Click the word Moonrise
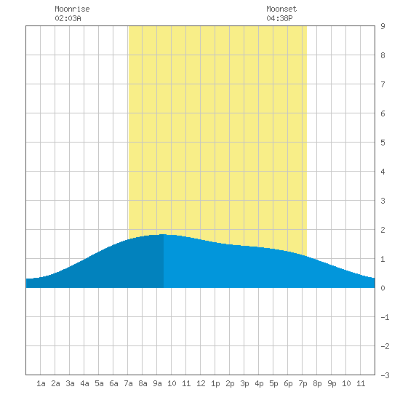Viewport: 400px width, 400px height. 72,9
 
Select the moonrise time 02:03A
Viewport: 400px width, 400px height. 68,18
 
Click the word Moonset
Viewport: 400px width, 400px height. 281,9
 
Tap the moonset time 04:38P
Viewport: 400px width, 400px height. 279,18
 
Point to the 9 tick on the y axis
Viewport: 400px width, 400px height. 383,26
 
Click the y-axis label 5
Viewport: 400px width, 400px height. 383,143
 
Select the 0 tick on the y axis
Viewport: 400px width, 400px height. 383,288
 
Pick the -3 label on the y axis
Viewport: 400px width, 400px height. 385,375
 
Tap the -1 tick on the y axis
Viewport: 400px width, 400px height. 385,317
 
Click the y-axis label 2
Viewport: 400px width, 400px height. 383,230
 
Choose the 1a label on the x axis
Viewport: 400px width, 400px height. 41,383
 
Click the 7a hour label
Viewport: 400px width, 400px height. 128,383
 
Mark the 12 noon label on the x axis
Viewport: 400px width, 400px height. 201,383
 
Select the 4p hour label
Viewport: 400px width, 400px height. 259,383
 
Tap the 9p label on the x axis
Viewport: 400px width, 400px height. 332,383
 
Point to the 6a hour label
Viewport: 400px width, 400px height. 113,383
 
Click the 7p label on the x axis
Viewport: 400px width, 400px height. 303,383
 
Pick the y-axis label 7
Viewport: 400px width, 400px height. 383,84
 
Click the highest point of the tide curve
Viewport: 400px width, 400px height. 163,234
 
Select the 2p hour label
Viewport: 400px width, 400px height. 230,383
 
